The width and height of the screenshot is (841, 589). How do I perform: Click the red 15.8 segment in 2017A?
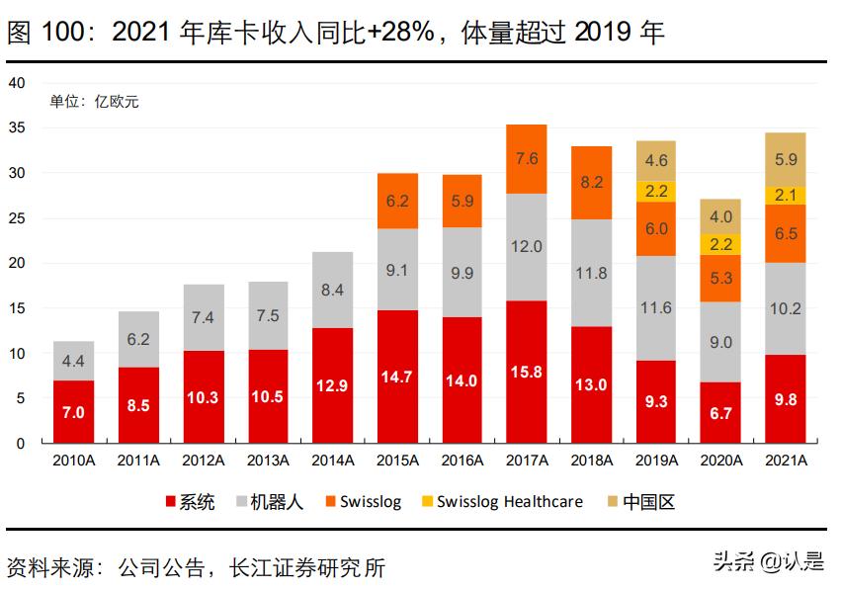point(526,372)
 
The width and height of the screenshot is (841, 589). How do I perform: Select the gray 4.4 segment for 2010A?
point(74,361)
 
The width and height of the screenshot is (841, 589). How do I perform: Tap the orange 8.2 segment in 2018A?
point(591,183)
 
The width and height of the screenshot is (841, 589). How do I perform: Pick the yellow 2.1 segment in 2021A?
point(785,195)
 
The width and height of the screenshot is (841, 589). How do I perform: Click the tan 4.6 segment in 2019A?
point(656,160)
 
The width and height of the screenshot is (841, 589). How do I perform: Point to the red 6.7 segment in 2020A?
point(720,412)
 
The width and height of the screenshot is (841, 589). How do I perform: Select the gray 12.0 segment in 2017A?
point(526,247)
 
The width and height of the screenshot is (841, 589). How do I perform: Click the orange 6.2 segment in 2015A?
point(397,201)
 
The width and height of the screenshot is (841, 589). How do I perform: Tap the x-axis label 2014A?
point(333,461)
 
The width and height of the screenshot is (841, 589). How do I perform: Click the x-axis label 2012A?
point(204,461)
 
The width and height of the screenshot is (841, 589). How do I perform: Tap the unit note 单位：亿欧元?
point(95,102)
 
